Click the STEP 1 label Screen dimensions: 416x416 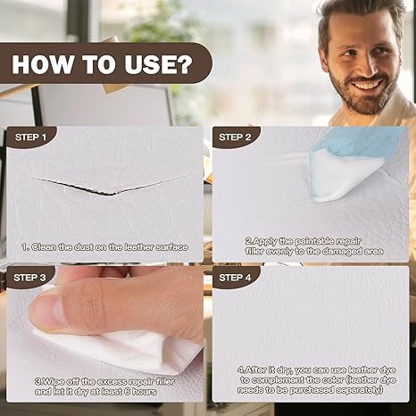(x=30, y=137)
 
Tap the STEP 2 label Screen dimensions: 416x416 (x=235, y=137)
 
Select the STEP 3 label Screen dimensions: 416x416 (x=29, y=278)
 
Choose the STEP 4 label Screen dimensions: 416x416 (x=235, y=278)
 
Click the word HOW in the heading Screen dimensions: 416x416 (x=42, y=64)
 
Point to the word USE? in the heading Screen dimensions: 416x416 (x=159, y=64)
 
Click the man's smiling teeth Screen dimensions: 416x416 (x=367, y=86)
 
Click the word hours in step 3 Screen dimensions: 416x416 (x=144, y=392)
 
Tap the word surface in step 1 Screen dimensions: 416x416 (x=172, y=247)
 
